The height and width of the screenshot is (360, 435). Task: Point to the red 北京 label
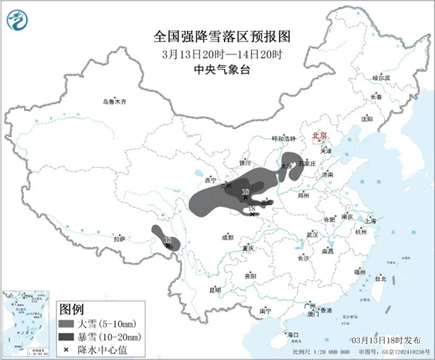(319, 136)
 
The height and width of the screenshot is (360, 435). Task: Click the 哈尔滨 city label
(381, 77)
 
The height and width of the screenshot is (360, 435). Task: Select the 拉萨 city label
(120, 238)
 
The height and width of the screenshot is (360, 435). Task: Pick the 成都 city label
(228, 237)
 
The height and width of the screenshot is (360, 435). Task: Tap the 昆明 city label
(215, 290)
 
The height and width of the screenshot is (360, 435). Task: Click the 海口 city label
(293, 335)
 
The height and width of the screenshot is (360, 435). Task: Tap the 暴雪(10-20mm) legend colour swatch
(67, 336)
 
